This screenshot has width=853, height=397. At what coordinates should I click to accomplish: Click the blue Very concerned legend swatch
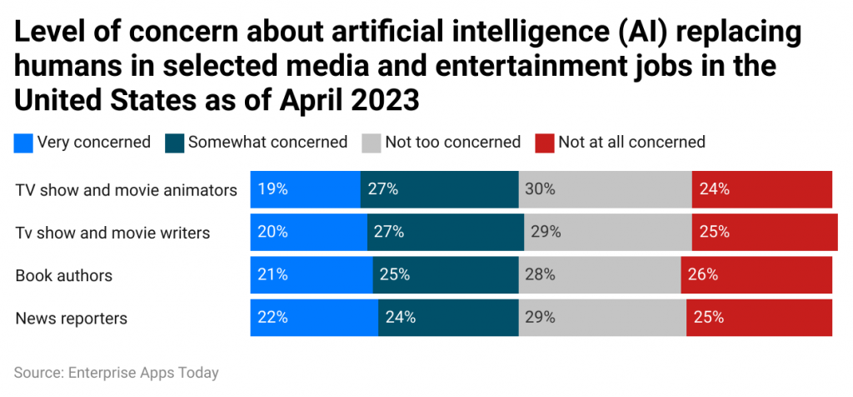23,143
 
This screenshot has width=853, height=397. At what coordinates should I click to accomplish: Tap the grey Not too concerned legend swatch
371,143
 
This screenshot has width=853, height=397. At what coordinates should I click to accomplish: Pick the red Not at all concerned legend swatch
543,143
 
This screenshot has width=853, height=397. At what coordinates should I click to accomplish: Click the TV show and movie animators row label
126,190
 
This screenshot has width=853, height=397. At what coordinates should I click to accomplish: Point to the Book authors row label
63,275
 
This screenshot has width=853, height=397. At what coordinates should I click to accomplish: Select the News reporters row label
71,318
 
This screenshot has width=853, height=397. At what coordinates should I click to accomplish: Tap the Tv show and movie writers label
112,233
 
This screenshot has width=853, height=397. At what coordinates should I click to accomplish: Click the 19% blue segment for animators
305,189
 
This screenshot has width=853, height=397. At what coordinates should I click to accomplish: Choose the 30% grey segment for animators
605,189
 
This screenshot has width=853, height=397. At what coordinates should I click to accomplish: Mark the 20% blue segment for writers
308,232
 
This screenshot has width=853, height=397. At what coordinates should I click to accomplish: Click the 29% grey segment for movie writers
608,232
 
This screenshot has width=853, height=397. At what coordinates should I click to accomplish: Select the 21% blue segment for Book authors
312,274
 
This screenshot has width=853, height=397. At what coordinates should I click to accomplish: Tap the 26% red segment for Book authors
756,274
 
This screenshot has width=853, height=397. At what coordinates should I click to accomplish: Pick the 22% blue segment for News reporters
314,317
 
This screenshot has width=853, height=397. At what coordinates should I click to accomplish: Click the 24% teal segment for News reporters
448,317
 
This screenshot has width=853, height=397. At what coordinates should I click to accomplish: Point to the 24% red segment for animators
761,189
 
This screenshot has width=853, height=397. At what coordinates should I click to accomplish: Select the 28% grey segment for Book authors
600,274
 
